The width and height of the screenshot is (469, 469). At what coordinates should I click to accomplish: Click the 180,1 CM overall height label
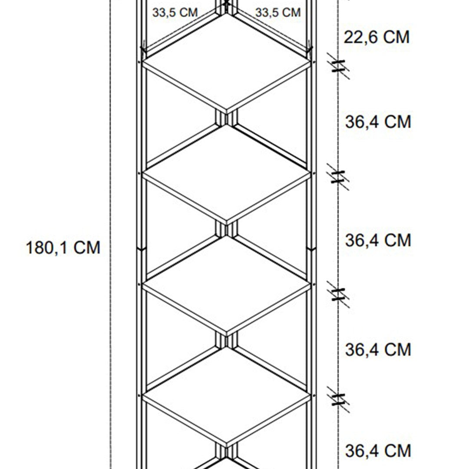tap(63, 248)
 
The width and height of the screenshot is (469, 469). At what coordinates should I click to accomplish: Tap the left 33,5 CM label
tap(175, 13)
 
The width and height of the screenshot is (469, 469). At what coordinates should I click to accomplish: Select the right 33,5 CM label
tap(278, 13)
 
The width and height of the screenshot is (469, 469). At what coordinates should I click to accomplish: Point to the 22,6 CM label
tap(377, 37)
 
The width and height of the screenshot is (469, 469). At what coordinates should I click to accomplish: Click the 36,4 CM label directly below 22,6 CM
tap(378, 122)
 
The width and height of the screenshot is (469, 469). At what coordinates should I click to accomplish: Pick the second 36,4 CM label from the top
tap(378, 240)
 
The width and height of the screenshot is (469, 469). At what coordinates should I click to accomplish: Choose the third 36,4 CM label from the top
tap(378, 349)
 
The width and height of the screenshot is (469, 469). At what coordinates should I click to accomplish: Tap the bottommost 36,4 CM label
tap(378, 451)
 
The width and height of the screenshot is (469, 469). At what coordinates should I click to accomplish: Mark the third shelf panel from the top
tap(226, 284)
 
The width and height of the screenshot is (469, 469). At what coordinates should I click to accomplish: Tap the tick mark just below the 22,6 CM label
tap(338, 66)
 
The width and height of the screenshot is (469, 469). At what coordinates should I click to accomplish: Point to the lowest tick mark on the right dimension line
tap(338, 400)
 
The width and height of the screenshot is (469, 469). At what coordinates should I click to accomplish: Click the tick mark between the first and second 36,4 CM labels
tap(338, 177)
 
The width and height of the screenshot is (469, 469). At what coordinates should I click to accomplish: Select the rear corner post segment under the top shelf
tap(226, 118)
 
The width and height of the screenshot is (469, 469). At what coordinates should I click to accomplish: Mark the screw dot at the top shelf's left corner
tap(139, 62)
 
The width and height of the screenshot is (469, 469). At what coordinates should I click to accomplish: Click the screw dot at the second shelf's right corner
tap(314, 173)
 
